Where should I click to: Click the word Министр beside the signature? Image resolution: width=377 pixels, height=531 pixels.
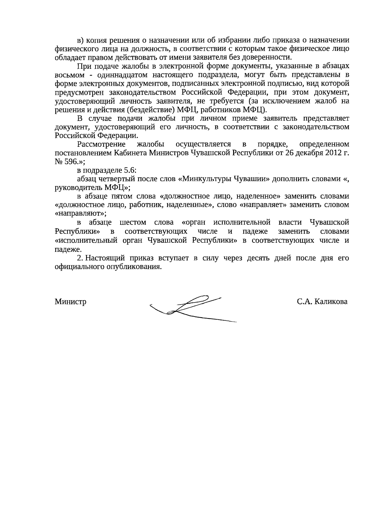pyautogui.click(x=70, y=302)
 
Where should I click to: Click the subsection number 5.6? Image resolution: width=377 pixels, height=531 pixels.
pyautogui.click(x=130, y=171)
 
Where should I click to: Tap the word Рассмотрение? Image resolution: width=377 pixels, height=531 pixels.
pyautogui.click(x=101, y=144)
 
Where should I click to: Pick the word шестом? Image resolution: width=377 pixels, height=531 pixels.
pyautogui.click(x=133, y=223)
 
